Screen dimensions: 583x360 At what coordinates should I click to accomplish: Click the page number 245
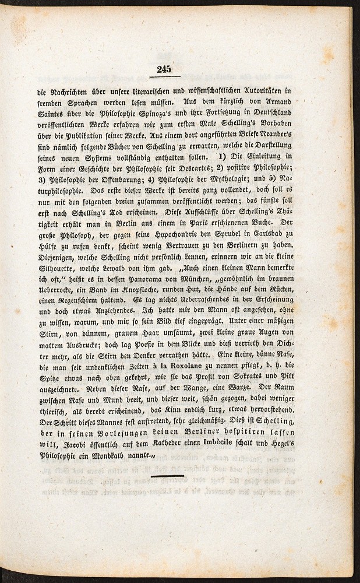164,69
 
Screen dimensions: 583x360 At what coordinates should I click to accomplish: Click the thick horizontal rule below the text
168,476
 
